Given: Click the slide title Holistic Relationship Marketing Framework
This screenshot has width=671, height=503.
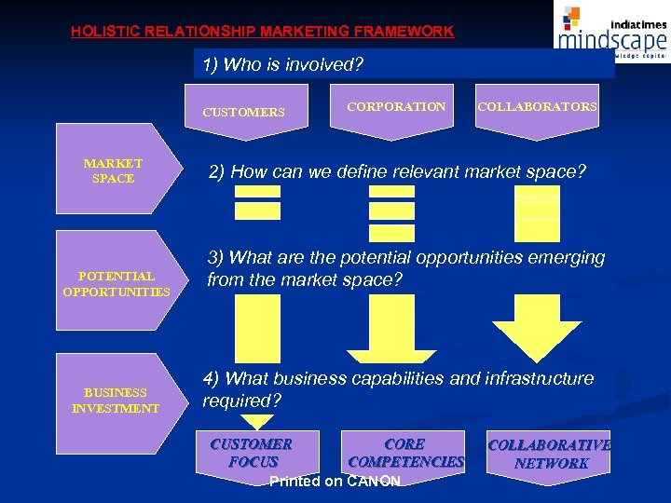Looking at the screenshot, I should (x=262, y=31).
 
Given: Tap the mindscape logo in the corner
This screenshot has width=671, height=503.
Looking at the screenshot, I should (x=610, y=30).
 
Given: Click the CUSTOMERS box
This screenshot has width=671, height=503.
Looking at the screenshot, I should (x=243, y=112).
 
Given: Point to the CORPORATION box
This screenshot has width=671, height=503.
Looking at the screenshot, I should (x=396, y=107).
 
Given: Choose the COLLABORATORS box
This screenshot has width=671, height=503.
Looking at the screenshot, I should (x=538, y=107).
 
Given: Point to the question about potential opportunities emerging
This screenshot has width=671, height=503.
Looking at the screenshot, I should (x=405, y=268).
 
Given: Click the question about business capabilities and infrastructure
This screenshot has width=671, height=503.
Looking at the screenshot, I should (x=398, y=389).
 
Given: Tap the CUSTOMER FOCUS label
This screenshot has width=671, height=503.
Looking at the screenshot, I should (x=252, y=453).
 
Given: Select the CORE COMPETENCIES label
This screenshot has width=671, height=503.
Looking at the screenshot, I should (x=405, y=453).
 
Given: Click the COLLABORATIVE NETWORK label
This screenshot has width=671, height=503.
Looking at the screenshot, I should (x=550, y=454).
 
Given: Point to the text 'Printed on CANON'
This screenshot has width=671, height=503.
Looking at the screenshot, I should (x=335, y=482).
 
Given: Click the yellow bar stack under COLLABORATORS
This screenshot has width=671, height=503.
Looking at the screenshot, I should (x=538, y=212).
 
